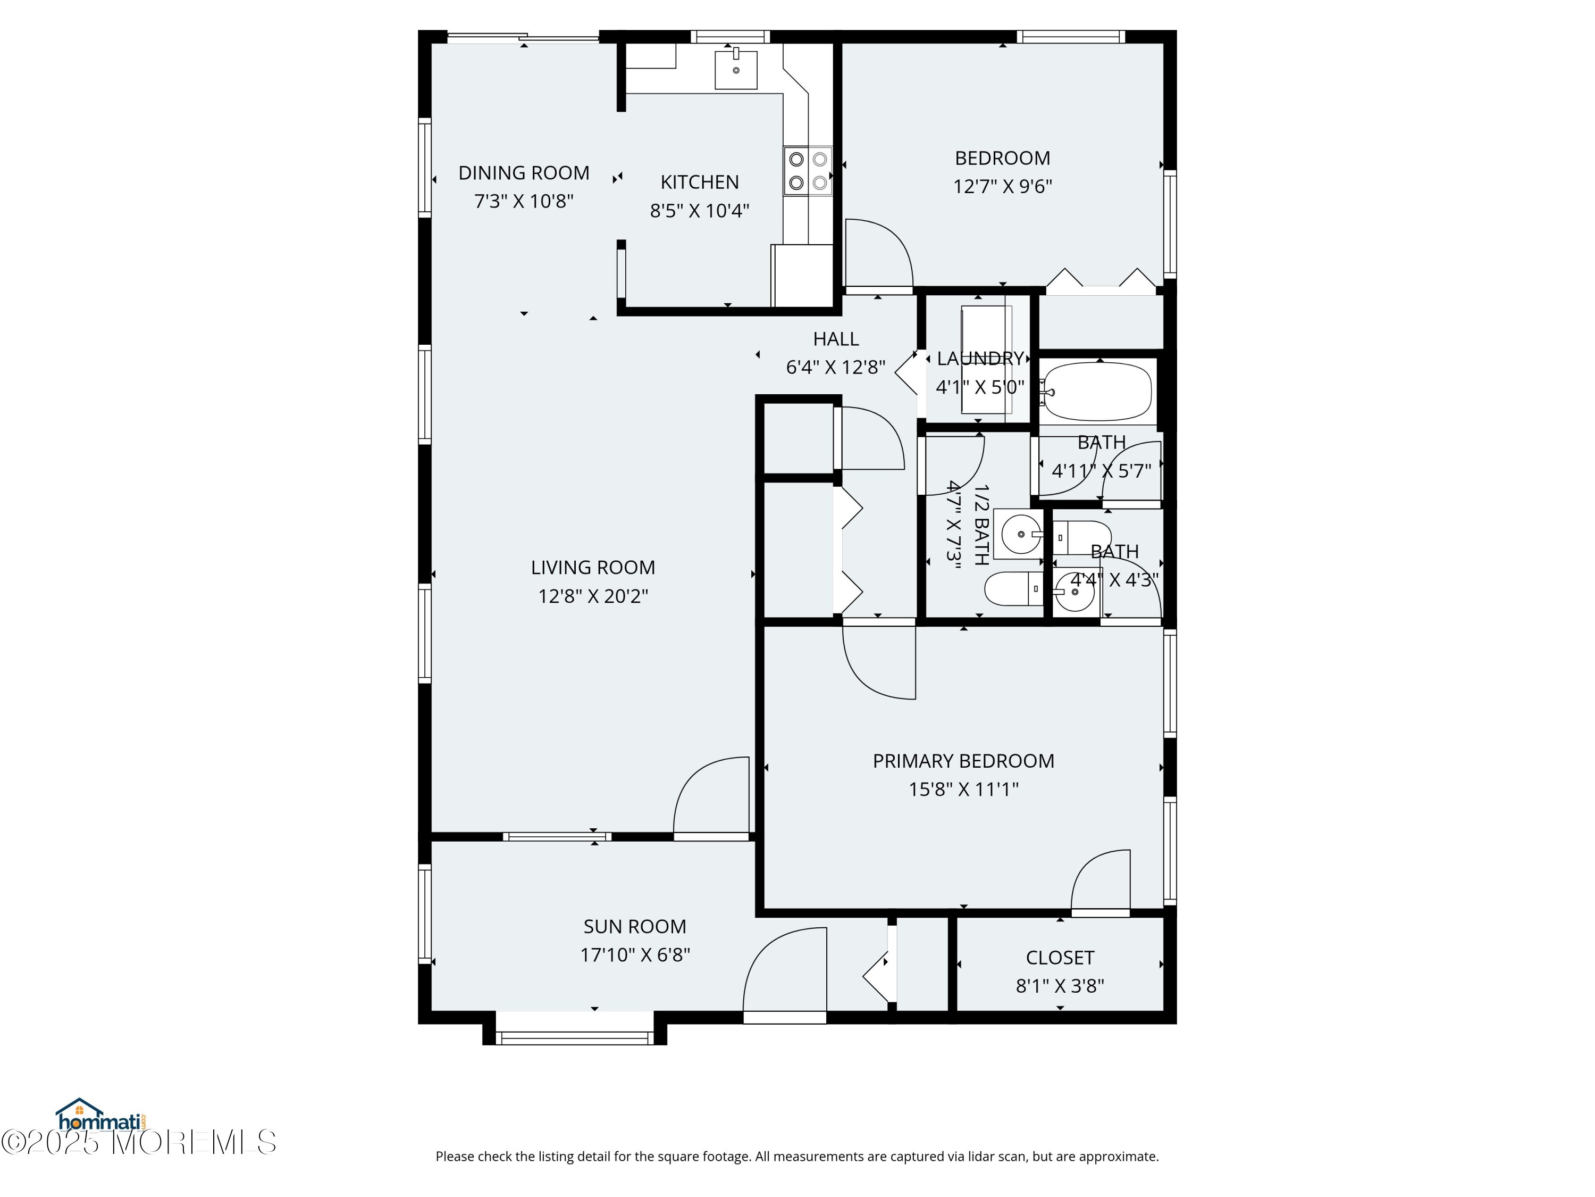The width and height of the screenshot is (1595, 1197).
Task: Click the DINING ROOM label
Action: (x=524, y=173)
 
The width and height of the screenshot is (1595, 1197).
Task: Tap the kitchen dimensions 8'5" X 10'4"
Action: (x=700, y=211)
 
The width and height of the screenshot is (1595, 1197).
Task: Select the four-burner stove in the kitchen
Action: (x=808, y=171)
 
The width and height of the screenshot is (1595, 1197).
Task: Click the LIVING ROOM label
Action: (x=593, y=568)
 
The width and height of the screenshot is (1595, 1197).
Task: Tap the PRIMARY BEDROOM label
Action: (x=963, y=761)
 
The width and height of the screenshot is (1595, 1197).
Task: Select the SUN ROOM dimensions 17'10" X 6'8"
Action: (x=635, y=954)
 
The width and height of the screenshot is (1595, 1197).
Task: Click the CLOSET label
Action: (x=1060, y=958)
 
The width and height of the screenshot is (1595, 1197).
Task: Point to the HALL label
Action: (x=836, y=339)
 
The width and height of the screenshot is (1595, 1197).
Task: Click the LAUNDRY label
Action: (x=980, y=359)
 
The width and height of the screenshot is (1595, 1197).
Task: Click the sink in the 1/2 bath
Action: (x=1020, y=534)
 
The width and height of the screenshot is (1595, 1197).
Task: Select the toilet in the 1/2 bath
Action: (x=1013, y=589)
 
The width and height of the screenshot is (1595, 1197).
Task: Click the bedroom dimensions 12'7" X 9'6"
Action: (x=1002, y=186)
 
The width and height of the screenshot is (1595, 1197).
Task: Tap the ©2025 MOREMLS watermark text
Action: (x=138, y=1142)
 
